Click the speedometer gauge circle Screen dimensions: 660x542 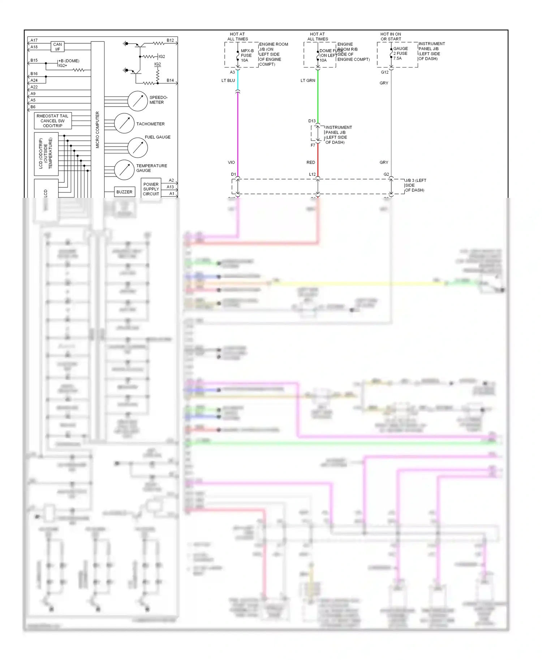point(138,101)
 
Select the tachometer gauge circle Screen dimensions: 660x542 point(124,123)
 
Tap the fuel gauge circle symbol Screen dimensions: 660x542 point(138,147)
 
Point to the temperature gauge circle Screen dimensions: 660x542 point(124,170)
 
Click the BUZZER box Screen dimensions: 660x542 point(124,192)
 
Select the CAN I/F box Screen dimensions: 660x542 point(57,47)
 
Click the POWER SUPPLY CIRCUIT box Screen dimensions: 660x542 point(151,189)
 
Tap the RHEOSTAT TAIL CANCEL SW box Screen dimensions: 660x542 point(53,121)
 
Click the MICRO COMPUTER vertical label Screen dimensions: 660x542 point(97,130)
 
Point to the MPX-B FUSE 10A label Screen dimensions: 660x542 point(247,56)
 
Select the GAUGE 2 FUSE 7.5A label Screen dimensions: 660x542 point(400,53)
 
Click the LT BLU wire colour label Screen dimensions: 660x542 point(228,81)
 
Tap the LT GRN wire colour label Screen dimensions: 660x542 point(307,81)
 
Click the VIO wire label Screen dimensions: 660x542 point(231,162)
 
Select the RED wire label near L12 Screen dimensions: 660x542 point(310,162)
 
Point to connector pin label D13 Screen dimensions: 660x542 point(312,121)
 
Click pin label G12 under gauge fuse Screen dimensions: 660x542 point(384,72)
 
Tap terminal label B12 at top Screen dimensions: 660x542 point(170,40)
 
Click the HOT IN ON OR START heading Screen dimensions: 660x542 point(391,36)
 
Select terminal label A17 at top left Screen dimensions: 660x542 point(34,40)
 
